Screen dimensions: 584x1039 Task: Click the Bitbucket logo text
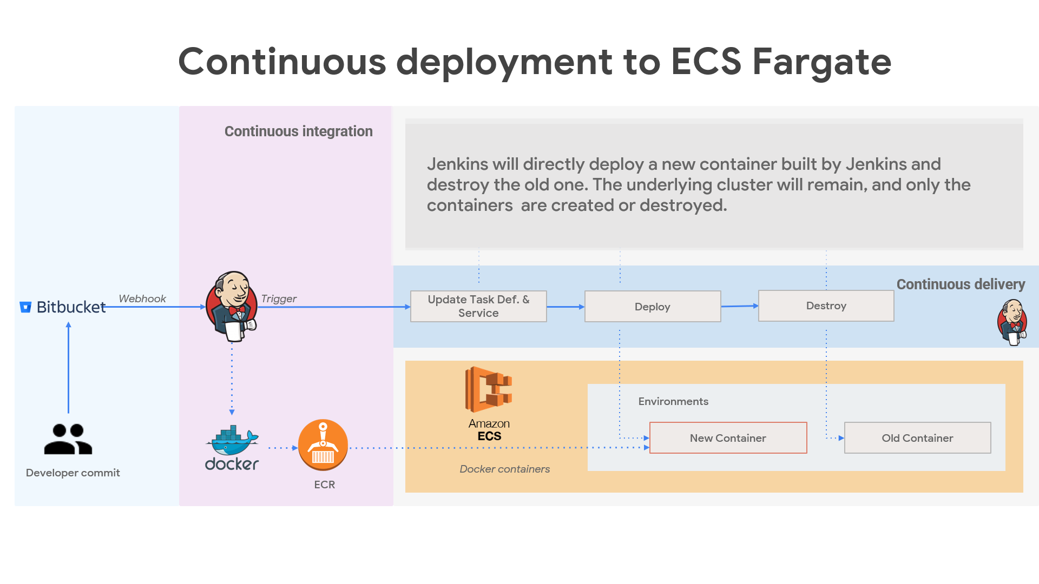point(70,307)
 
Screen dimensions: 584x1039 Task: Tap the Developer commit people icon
point(68,439)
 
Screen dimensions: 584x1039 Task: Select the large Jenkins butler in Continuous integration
point(232,307)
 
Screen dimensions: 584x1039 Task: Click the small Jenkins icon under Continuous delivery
point(1012,322)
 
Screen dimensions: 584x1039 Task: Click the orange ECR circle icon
point(323,446)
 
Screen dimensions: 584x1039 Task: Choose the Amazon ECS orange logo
point(489,390)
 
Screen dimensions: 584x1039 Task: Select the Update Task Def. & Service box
point(478,307)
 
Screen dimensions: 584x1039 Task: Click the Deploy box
point(653,307)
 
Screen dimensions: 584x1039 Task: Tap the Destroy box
point(826,306)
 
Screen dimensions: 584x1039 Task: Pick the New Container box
point(728,438)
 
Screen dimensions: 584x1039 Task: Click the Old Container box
point(917,438)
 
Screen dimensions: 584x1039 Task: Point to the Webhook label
point(142,298)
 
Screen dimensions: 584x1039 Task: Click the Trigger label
point(279,298)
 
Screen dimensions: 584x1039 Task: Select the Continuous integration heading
point(298,131)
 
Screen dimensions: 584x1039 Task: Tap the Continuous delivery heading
point(961,284)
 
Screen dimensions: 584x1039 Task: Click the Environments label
point(673,401)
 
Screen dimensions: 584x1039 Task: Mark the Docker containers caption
point(504,469)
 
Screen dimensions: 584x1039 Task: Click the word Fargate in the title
point(821,62)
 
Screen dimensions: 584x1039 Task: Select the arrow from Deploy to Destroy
point(739,306)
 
